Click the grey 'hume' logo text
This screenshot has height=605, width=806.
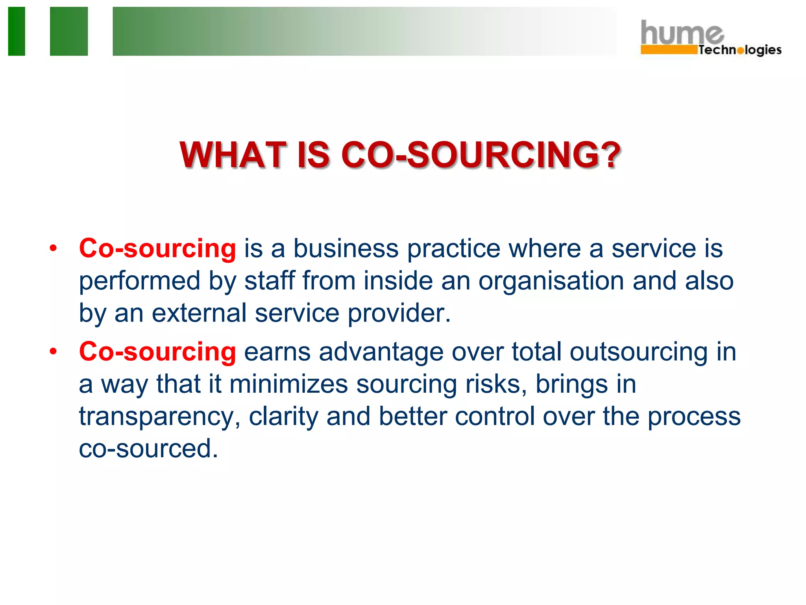[681, 33]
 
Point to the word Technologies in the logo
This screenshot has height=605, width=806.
[739, 50]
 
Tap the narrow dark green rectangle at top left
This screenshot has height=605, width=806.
[17, 31]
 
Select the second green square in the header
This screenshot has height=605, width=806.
[69, 31]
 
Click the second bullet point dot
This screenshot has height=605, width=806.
[53, 352]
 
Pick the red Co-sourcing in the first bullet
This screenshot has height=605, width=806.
[157, 249]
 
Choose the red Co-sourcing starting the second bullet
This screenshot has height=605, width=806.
[157, 352]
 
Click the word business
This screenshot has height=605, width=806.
[346, 249]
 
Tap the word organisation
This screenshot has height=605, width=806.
[551, 281]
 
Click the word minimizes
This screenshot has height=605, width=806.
[288, 384]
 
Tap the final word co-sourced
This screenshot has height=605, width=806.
[148, 449]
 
